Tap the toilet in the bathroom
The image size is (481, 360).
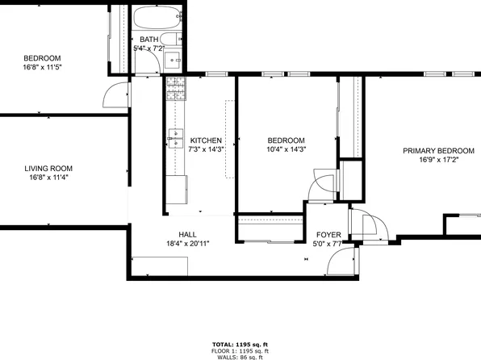coord(172,40)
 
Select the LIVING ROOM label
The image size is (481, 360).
coord(48,168)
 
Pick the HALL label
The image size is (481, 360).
coord(176,233)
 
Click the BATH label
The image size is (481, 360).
coord(149,40)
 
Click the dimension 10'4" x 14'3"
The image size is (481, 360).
coord(287,149)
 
